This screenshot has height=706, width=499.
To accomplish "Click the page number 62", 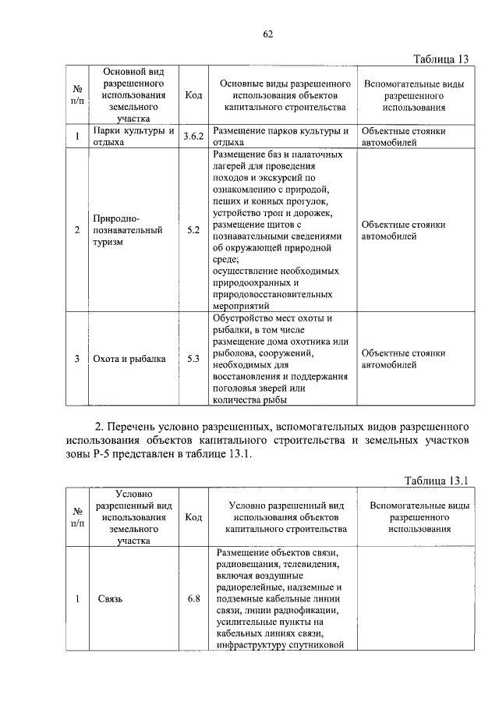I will [x=267, y=34].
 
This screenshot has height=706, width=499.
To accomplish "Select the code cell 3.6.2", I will [x=193, y=137].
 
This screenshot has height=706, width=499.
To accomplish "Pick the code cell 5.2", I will [x=193, y=230].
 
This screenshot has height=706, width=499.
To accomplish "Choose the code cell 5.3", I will [x=193, y=359].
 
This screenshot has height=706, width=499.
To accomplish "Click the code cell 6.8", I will [x=193, y=599].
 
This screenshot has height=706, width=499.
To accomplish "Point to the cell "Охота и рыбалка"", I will [x=129, y=359].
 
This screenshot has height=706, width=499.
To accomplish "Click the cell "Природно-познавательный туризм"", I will [x=128, y=230].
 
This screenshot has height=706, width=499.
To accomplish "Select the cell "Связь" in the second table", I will [x=111, y=599].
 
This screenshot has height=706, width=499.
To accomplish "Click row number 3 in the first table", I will [x=77, y=359].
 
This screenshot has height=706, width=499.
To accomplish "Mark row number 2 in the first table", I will [x=77, y=230].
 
